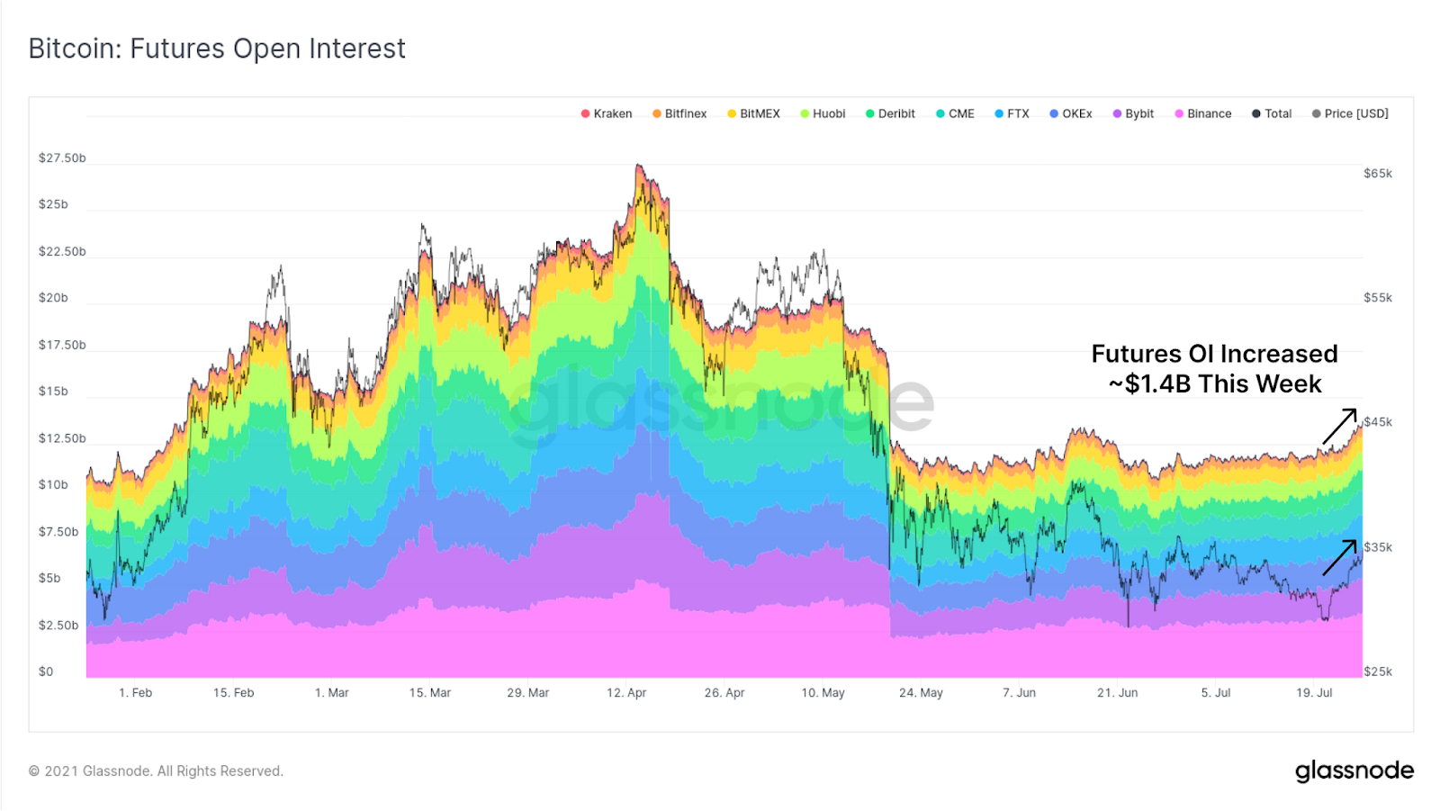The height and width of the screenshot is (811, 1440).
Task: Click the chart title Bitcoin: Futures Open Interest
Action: tap(217, 49)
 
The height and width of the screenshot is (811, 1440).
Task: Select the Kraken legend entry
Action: tap(607, 113)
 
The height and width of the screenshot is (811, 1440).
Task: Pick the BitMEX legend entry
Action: tap(753, 113)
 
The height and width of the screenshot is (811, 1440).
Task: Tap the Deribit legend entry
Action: tap(890, 113)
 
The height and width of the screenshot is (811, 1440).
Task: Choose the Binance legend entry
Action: tap(1202, 113)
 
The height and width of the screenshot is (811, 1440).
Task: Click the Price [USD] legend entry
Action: tap(1350, 113)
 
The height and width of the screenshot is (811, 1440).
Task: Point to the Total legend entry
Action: tap(1272, 113)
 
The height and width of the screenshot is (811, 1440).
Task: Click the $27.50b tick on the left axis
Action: tap(62, 158)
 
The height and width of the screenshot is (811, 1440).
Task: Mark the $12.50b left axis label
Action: tap(62, 438)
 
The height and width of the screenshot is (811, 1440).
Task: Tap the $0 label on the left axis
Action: tap(46, 671)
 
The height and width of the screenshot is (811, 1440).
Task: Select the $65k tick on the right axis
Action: tap(1377, 174)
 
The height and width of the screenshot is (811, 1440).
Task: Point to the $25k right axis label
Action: tap(1377, 671)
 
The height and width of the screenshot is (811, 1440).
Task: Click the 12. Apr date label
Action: tap(626, 693)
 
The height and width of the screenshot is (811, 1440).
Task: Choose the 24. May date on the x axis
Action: tap(921, 693)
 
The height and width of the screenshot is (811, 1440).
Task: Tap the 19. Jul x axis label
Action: tap(1314, 693)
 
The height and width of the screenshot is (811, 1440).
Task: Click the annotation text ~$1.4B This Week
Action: tap(1214, 384)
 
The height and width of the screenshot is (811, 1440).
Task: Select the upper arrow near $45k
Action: tap(1339, 426)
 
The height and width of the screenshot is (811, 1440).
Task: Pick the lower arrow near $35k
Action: tap(1339, 557)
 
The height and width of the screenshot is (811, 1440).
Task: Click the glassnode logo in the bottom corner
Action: tap(1354, 771)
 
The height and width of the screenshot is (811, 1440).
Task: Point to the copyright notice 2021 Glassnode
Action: tap(156, 771)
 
